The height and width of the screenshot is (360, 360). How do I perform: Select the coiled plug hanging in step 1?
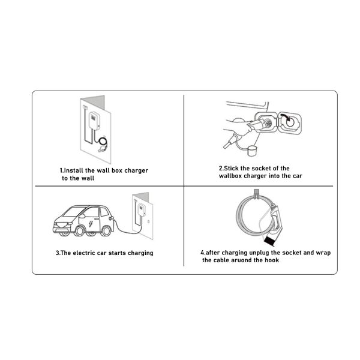click(103, 143)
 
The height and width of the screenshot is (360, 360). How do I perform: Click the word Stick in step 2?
click(232, 169)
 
